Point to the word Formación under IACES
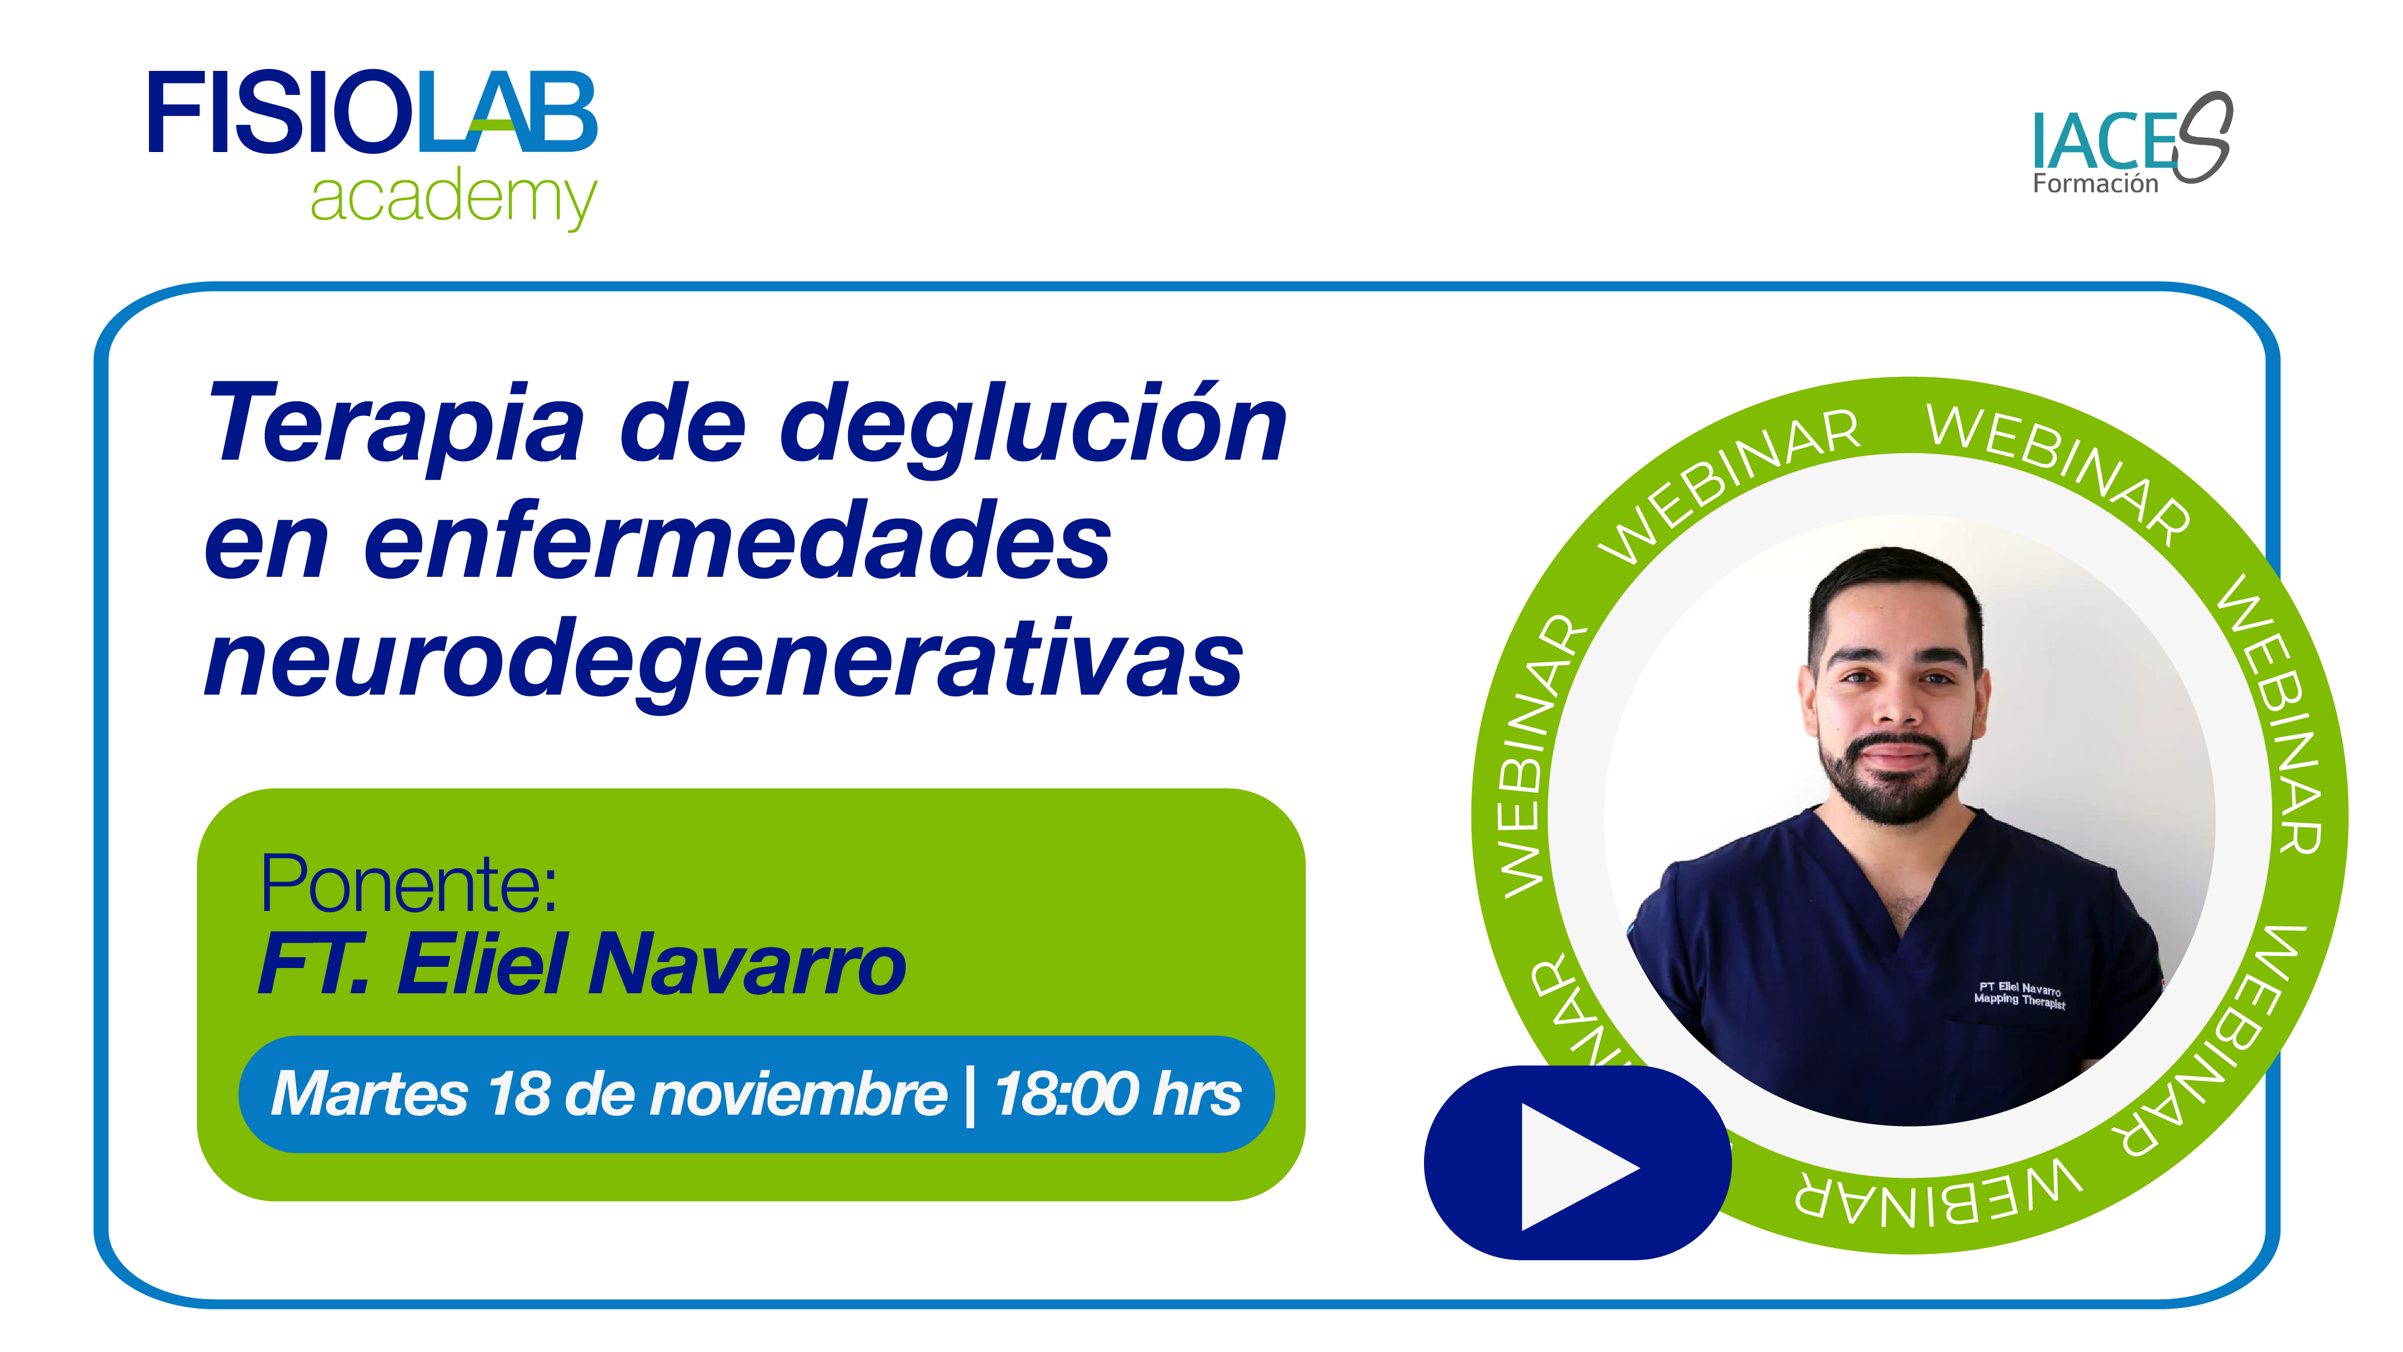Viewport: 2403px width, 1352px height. click(x=2095, y=184)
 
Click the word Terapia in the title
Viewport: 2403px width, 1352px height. click(x=396, y=425)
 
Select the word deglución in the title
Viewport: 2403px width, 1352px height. click(x=1032, y=427)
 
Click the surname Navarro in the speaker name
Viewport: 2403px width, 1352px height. click(x=747, y=965)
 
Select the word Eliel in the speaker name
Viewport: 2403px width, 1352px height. click(x=483, y=965)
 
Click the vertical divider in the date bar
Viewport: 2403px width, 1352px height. click(x=971, y=1095)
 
